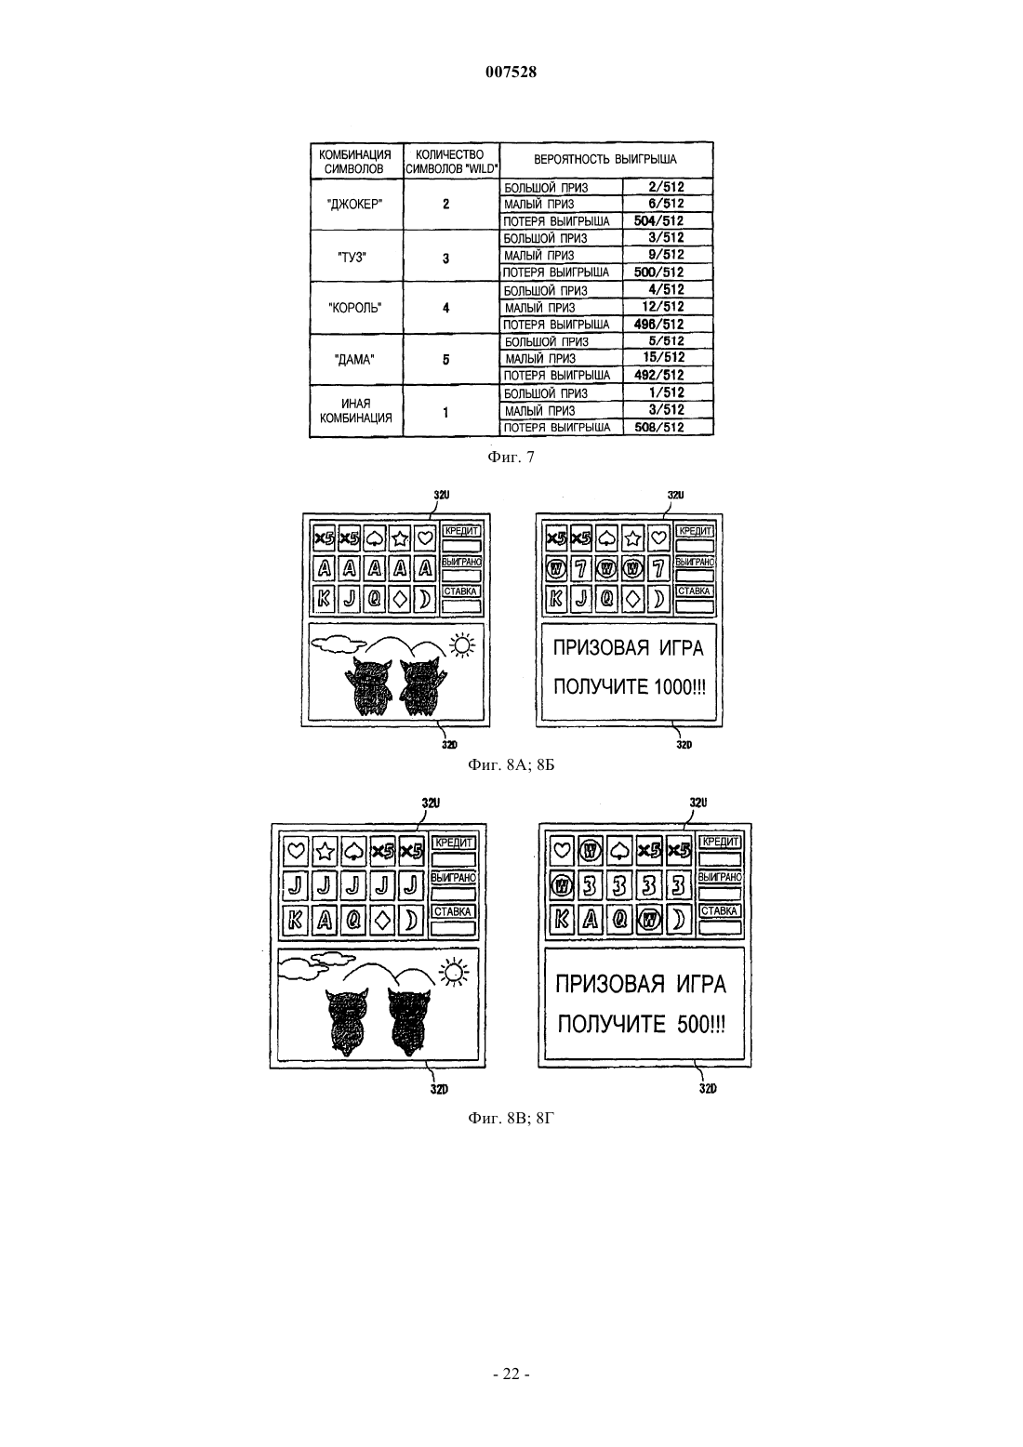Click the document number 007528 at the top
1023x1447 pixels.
511,72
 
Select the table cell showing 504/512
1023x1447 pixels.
658,221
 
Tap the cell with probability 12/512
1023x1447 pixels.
662,307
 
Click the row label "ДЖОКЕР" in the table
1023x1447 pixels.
355,205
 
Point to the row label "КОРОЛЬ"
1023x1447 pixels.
355,308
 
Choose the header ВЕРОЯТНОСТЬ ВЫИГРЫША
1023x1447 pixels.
605,160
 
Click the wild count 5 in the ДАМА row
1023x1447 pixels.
445,360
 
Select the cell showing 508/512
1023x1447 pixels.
658,427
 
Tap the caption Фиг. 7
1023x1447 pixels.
511,458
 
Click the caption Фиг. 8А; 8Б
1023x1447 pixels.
511,765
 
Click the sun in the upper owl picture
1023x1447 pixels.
462,645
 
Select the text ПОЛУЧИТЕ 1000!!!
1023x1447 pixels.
630,686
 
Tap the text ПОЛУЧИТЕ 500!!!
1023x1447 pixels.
642,1024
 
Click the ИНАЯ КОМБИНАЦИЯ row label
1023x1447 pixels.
356,411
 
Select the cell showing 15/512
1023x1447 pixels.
663,357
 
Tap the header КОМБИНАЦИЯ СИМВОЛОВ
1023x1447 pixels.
355,162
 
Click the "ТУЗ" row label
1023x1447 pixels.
352,257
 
